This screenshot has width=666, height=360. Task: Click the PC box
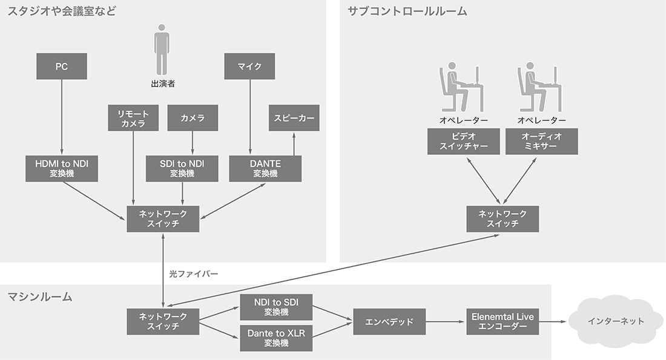62,66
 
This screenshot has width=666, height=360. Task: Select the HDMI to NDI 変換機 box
62,168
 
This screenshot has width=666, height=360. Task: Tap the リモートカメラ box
133,118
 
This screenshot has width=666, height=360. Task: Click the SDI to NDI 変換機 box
182,168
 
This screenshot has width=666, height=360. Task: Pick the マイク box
251,66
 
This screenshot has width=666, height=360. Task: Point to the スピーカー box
294,118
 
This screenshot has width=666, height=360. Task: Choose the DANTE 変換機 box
265,168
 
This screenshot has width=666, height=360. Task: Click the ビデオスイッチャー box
463,141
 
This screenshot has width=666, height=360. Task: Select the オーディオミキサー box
541,141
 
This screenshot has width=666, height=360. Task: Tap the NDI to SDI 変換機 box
276,307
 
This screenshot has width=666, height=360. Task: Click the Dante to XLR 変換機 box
276,338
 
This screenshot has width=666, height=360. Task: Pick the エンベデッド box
389,322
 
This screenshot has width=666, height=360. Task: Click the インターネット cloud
616,321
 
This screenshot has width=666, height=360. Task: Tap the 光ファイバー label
194,273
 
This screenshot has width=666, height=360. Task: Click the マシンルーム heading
40,296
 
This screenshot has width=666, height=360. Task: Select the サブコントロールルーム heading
407,11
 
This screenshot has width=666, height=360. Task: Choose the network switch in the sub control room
503,218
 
